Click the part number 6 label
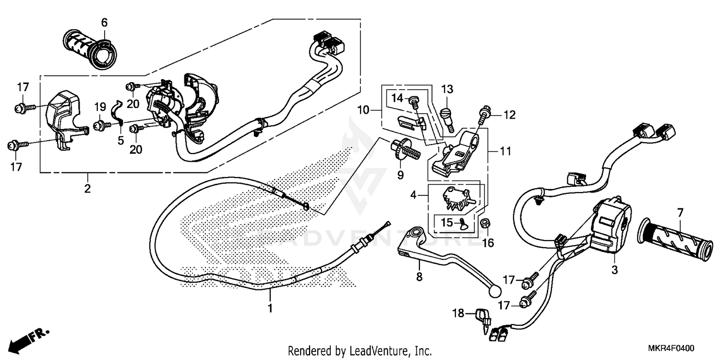104,22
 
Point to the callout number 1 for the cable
270,308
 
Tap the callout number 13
447,89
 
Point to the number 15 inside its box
446,223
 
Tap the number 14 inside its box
398,98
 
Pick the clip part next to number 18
482,317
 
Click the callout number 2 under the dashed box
87,188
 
